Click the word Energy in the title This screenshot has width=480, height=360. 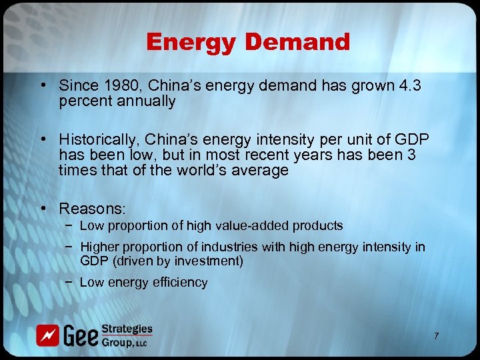tap(191, 42)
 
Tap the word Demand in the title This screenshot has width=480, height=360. tap(297, 42)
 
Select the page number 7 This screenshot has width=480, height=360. tap(436, 335)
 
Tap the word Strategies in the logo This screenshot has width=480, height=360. tap(127, 329)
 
